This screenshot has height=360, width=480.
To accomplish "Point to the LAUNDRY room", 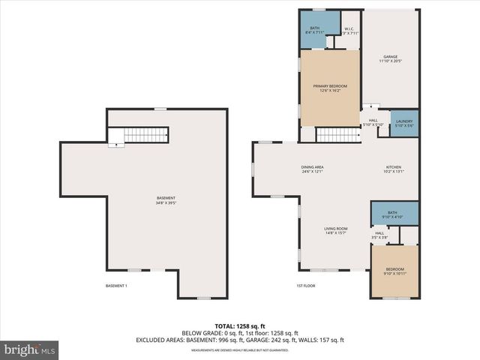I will [404, 123].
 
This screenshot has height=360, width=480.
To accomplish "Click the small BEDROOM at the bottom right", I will [394, 271].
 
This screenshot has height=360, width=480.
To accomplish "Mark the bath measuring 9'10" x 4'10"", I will [392, 215].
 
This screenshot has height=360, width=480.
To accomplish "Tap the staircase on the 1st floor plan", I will [338, 135].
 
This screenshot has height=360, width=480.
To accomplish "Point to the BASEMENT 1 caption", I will [116, 286].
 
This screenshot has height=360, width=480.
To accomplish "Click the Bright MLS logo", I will [30, 349].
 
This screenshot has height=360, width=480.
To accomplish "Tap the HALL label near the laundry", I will [373, 122].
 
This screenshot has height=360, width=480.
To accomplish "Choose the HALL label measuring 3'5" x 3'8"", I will [379, 235].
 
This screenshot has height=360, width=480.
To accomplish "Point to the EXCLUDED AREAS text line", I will [239, 340].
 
